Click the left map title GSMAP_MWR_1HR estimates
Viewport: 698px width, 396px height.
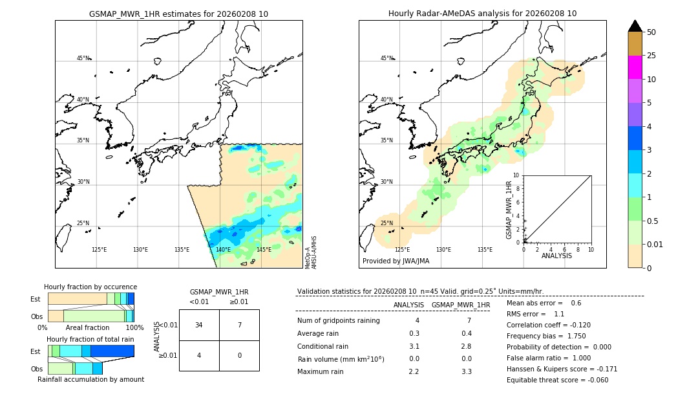(178, 14)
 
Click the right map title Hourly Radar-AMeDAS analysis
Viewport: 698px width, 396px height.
(482, 14)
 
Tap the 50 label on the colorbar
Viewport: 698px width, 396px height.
(651, 32)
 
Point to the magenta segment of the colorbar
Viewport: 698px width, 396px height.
(635, 67)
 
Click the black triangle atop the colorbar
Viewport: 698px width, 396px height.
(635, 26)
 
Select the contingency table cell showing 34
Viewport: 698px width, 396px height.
(199, 325)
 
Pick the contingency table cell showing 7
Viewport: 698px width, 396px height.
(239, 325)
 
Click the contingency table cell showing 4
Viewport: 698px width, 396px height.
(199, 355)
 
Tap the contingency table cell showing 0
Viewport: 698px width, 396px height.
(239, 355)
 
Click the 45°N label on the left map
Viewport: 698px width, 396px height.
(83, 58)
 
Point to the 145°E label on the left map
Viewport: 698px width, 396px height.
(264, 250)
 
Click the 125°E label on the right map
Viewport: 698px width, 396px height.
(402, 250)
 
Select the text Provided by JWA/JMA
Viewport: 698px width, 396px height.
(396, 261)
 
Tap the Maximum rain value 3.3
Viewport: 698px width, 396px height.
(466, 371)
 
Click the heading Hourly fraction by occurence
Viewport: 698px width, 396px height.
(90, 287)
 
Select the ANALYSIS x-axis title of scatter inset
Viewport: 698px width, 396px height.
(557, 256)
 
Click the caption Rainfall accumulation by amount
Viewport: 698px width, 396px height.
(90, 379)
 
